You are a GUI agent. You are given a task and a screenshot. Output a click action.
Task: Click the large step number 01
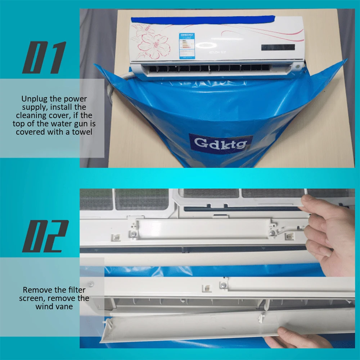(44, 58)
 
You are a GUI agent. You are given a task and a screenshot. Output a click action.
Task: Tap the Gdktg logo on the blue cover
(221, 143)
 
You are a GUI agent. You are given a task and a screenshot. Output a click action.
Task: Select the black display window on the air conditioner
(278, 48)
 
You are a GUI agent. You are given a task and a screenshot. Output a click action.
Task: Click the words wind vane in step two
(54, 306)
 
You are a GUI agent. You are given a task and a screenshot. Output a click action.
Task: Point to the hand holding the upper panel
(328, 230)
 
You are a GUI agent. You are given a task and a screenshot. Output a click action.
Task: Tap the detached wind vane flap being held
(202, 326)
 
